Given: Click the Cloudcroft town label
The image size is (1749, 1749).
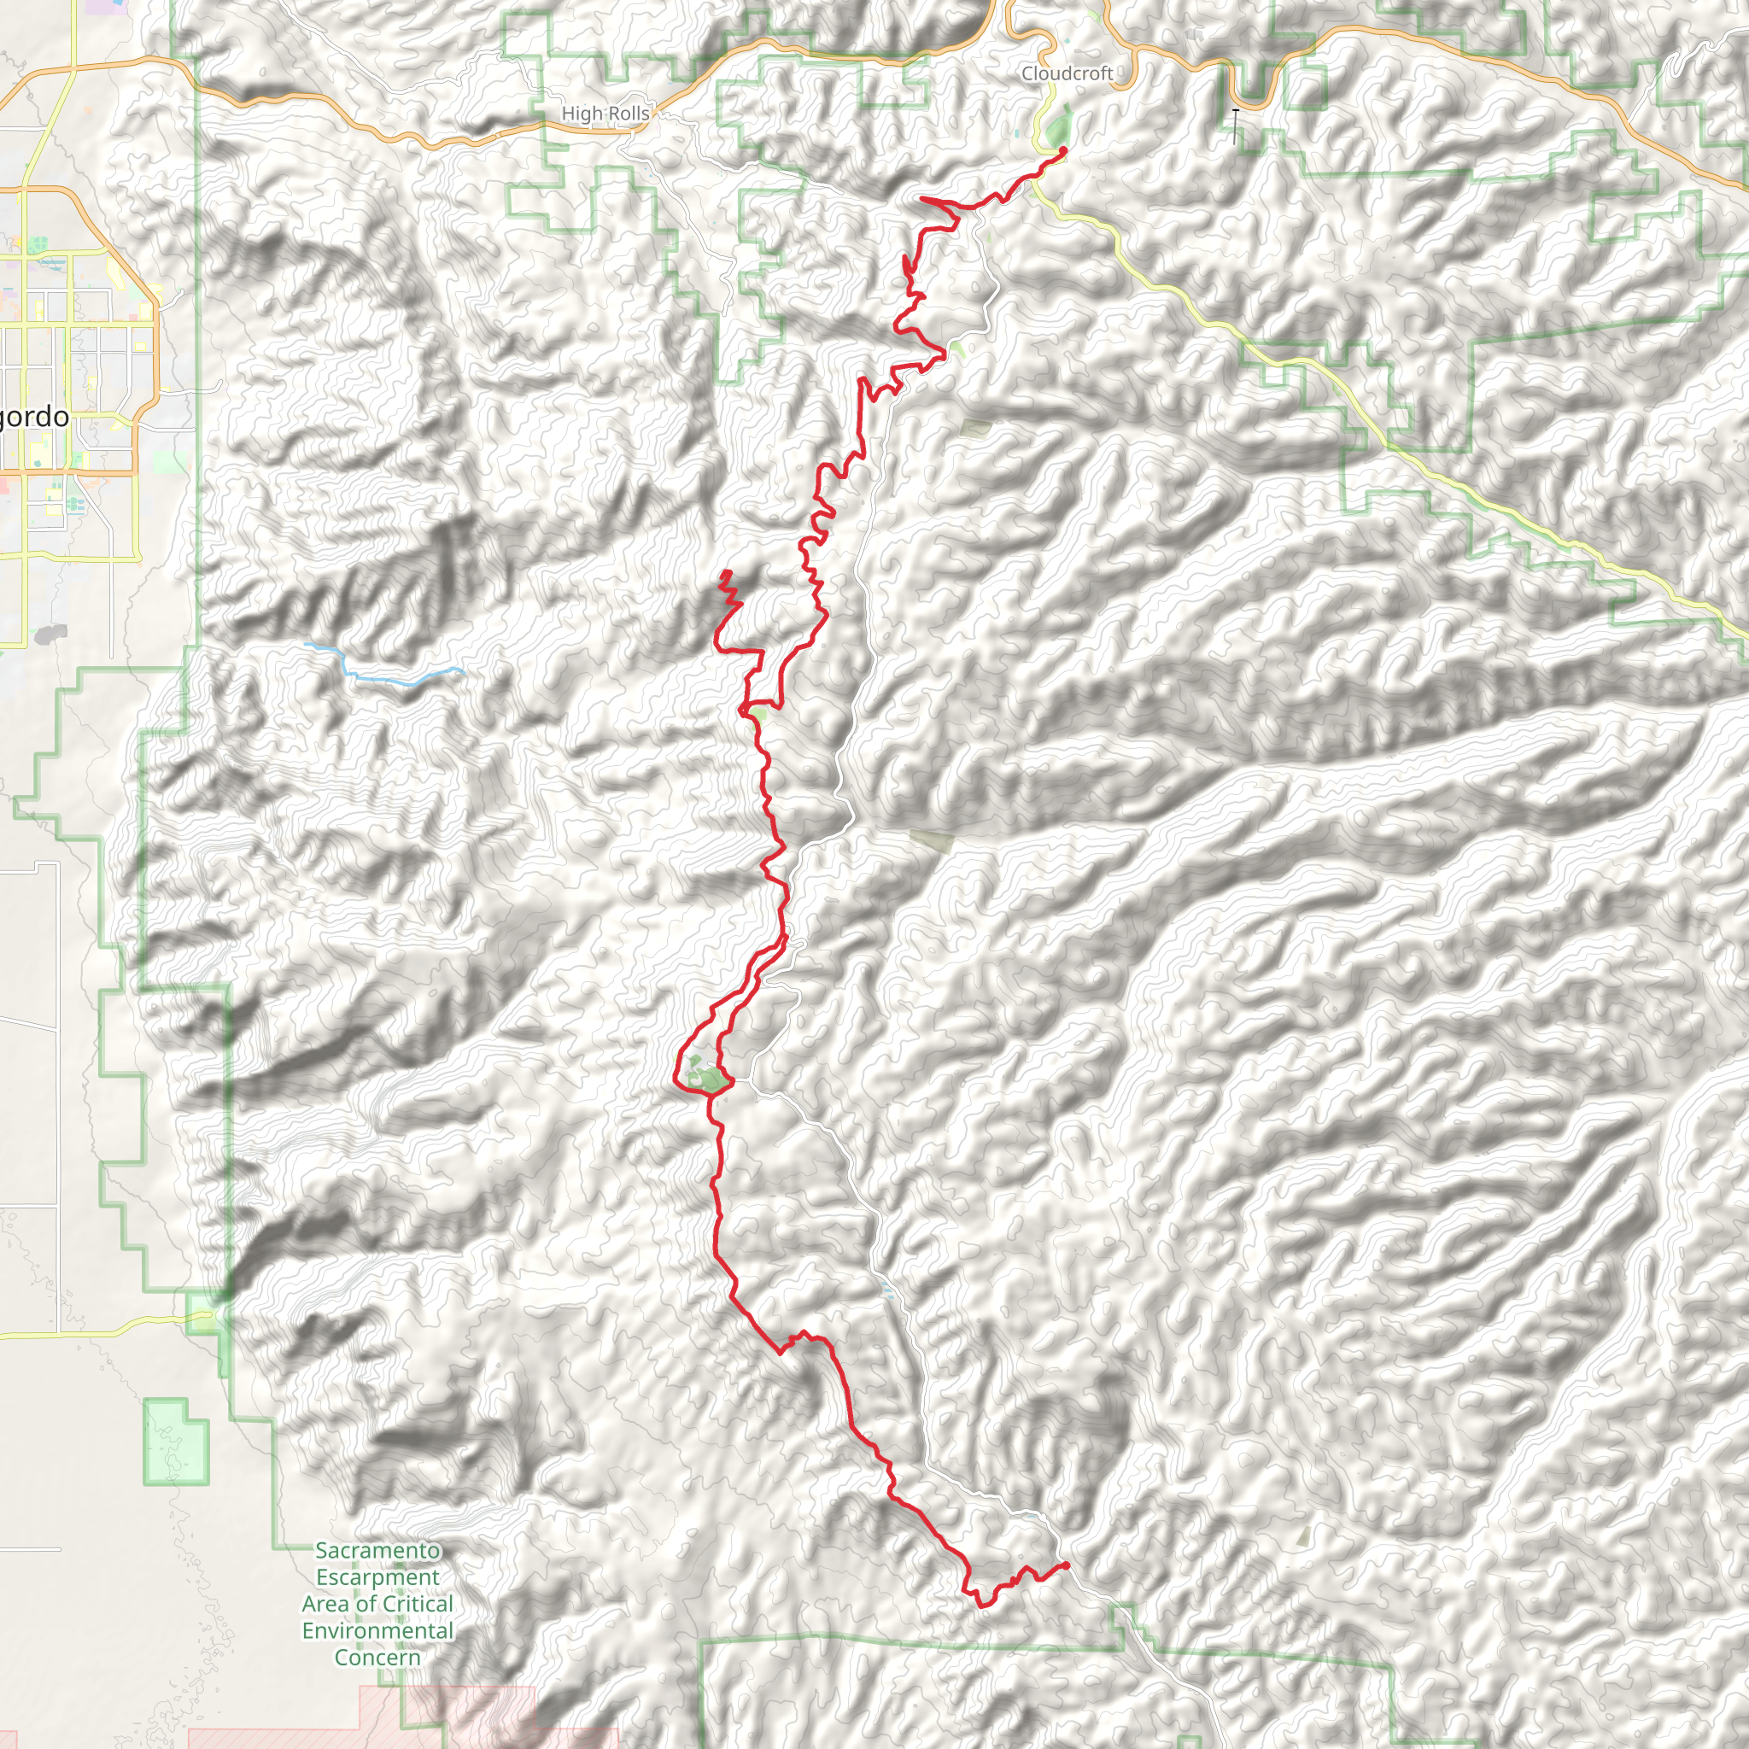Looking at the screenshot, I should (x=1067, y=73).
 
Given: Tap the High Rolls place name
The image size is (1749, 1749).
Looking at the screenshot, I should (x=605, y=114).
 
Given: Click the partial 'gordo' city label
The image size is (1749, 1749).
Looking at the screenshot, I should (x=34, y=418).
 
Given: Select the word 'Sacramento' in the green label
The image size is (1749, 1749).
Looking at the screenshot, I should (x=377, y=1550).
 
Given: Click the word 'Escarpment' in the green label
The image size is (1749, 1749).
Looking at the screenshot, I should (x=377, y=1577).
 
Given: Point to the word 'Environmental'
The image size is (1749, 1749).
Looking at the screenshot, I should (x=377, y=1630).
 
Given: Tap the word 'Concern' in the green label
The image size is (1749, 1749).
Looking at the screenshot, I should (x=377, y=1657).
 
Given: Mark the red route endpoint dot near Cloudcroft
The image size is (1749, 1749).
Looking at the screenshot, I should (x=1062, y=150).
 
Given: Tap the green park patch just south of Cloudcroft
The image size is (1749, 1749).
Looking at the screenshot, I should (x=1057, y=130).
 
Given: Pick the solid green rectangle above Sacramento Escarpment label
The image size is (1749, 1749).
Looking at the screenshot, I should (x=175, y=1442).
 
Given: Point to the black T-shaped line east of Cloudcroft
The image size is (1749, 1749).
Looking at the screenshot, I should (x=1236, y=125).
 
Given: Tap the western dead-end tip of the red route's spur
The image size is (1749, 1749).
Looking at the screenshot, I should (x=724, y=572).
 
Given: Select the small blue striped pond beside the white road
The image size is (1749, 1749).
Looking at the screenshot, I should (x=888, y=1292).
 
